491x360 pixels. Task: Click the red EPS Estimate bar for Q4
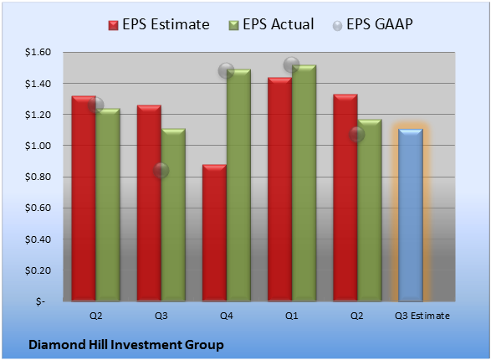tap(214, 233)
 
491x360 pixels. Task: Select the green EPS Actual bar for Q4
tap(238, 185)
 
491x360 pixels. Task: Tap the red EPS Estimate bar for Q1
tap(279, 189)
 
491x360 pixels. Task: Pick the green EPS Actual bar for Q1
tap(304, 183)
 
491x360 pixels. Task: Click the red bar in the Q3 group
tap(149, 203)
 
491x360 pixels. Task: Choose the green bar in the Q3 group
tap(173, 214)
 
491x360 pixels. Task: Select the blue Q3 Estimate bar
tap(411, 215)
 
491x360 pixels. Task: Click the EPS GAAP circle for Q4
tap(226, 70)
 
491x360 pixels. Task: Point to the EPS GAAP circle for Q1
tap(292, 64)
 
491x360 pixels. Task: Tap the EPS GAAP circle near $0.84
tap(161, 171)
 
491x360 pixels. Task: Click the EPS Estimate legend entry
tap(159, 24)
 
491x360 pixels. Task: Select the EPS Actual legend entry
tap(271, 24)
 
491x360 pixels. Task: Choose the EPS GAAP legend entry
tap(372, 24)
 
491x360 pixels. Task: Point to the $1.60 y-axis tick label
tap(38, 52)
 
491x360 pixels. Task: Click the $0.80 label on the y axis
tap(38, 177)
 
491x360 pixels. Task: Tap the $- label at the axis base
tap(40, 301)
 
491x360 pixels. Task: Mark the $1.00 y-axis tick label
tap(38, 146)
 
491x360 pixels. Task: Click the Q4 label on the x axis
tap(227, 316)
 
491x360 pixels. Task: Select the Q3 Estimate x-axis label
tap(422, 316)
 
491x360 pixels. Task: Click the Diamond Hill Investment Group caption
tap(126, 345)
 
